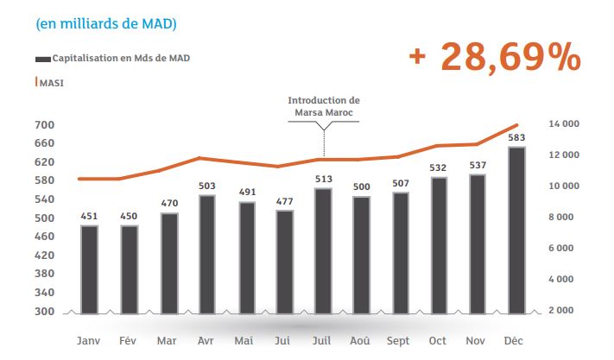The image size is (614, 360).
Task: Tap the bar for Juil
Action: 323,249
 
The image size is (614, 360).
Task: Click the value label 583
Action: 516,137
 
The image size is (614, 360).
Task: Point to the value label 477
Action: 284,202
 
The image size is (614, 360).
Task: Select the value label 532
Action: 440,167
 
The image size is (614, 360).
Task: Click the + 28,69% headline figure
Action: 495,57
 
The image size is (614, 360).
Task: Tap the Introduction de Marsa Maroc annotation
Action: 324,106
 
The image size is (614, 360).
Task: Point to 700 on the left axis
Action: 45,125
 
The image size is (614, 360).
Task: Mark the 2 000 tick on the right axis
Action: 572,311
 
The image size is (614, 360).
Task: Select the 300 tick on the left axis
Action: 45,312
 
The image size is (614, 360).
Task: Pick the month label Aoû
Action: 362,339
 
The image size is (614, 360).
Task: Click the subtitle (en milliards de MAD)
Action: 107,23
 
